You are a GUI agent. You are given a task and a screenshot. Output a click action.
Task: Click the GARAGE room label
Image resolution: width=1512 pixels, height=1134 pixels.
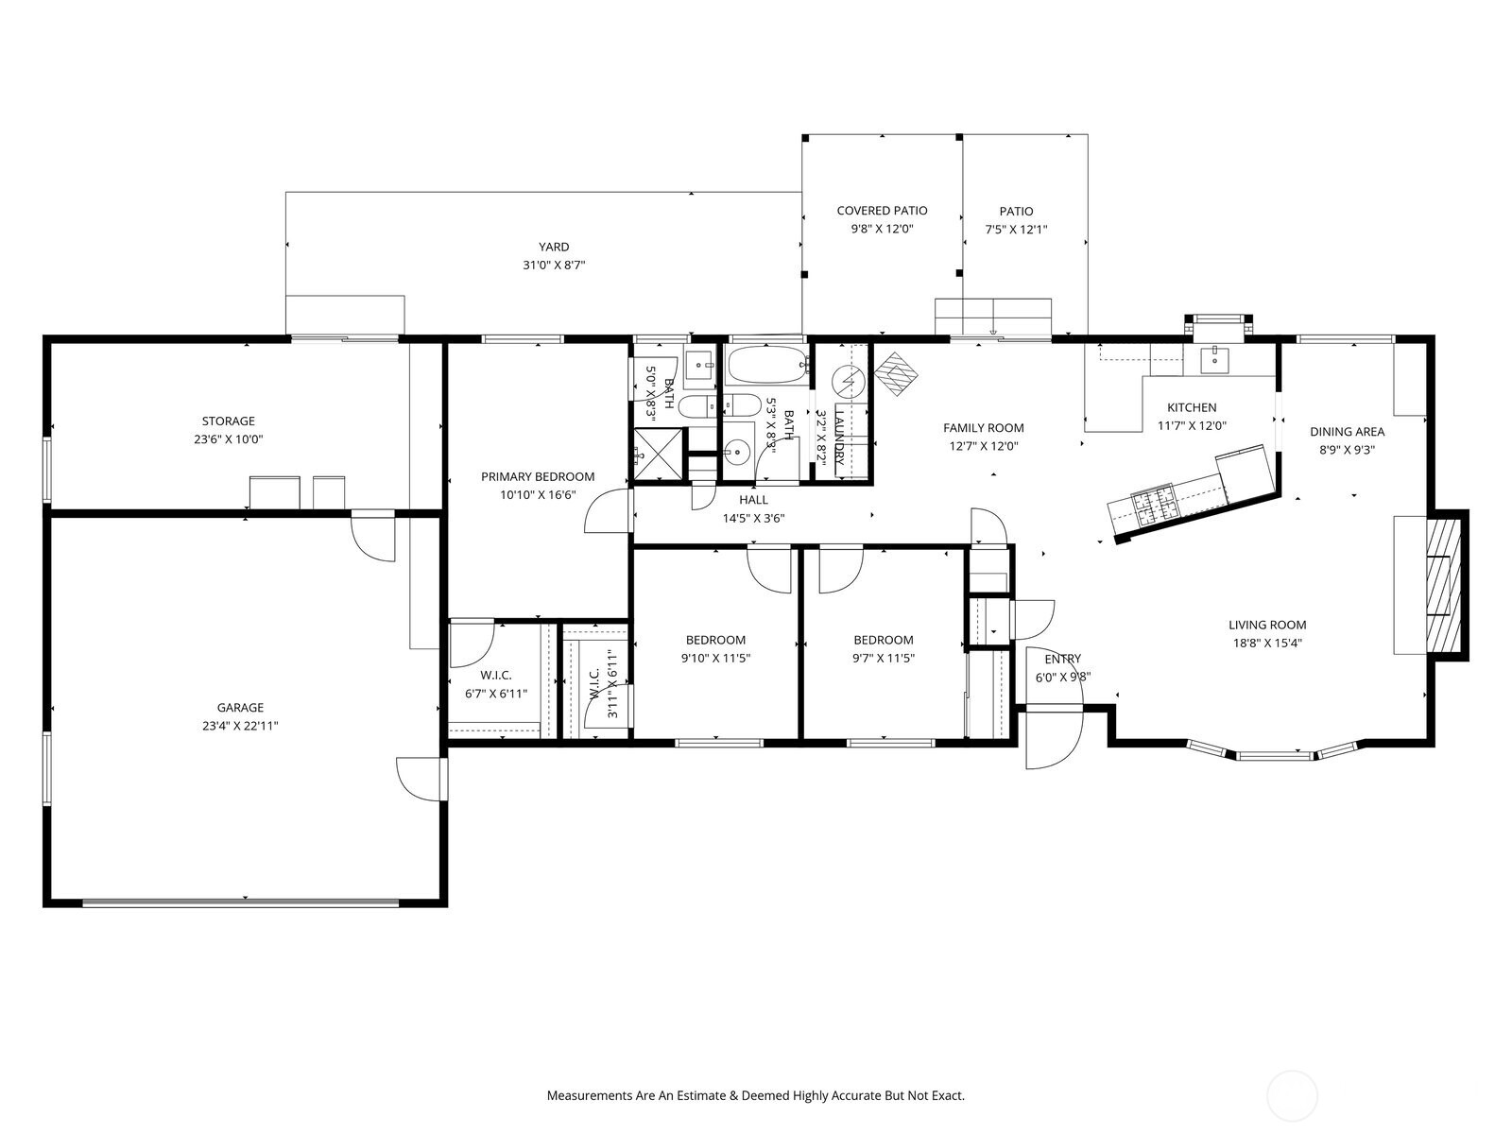point(240,707)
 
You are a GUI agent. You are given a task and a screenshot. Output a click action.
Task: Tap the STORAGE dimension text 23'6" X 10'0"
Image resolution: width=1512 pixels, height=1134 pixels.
point(229,439)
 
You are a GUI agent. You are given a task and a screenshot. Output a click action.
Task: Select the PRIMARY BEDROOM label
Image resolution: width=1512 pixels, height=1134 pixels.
point(538,476)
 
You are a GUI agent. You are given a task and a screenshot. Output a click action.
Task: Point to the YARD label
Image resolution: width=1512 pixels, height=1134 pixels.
point(554,247)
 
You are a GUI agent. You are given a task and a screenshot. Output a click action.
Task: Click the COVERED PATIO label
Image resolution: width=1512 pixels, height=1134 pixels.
point(882,211)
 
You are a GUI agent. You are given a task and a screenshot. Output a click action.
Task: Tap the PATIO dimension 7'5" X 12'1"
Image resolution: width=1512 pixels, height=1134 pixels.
point(1016,230)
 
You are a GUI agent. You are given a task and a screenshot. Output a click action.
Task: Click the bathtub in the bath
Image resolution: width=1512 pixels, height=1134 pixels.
point(767,365)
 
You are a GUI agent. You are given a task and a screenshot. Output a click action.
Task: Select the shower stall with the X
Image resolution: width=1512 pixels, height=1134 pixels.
point(660,454)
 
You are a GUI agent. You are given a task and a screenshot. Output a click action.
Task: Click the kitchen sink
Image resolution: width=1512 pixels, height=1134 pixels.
point(1213,359)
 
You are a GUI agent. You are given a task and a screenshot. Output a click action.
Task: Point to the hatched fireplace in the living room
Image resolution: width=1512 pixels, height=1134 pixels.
point(1443,585)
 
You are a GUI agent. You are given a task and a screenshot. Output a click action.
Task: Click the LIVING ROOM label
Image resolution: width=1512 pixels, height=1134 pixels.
point(1267,626)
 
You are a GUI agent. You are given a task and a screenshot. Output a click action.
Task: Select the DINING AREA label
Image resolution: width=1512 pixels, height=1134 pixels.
point(1347,432)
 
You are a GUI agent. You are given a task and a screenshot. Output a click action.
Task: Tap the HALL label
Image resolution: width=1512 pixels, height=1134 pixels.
point(753,500)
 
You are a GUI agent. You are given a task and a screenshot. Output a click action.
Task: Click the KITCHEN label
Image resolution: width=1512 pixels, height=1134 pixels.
point(1192,407)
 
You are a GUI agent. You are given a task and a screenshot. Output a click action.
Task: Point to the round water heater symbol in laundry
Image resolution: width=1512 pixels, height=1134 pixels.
point(849,381)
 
